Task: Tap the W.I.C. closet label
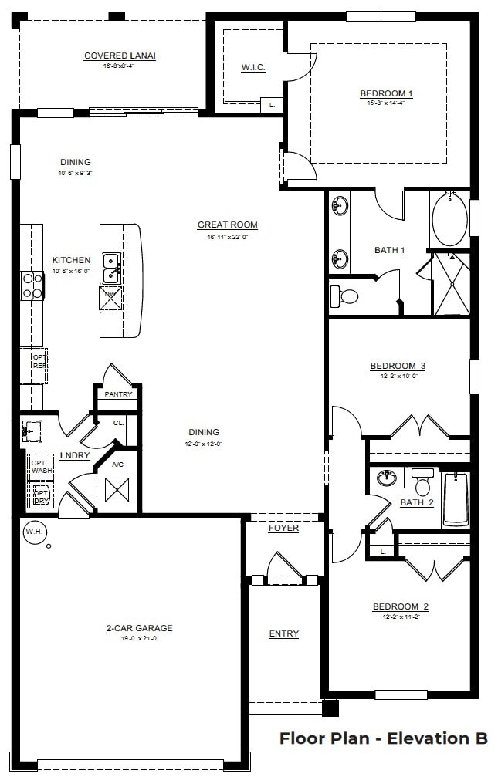(252, 68)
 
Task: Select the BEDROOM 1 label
(386, 94)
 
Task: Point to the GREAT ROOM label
(227, 225)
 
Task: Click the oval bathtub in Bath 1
(449, 220)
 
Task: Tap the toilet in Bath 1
(346, 296)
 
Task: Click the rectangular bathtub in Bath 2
(456, 499)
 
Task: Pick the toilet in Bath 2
(422, 483)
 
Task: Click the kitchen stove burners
(32, 285)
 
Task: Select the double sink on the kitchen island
(110, 266)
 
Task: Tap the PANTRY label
(118, 394)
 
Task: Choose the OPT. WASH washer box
(41, 466)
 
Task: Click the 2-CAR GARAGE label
(139, 628)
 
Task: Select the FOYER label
(283, 529)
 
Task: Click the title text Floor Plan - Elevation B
(383, 738)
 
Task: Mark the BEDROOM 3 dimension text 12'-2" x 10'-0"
(398, 376)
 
